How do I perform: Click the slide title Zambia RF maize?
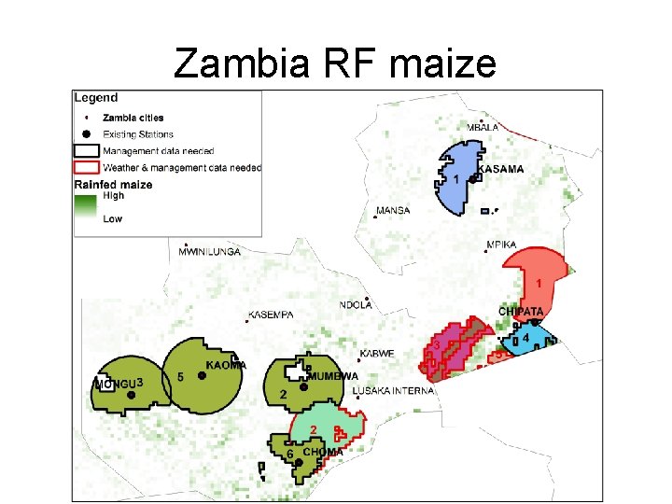(335, 63)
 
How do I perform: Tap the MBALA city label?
(484, 127)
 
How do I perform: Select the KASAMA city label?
(500, 169)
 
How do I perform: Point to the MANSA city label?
(393, 211)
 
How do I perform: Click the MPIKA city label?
(501, 245)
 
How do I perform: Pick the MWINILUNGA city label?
(210, 252)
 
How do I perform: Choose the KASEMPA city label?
(272, 315)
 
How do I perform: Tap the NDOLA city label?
(356, 304)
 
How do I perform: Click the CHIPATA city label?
(522, 312)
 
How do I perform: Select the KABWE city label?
(377, 354)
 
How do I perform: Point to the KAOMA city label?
(226, 365)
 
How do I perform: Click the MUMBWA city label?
(333, 376)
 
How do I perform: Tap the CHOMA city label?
(323, 452)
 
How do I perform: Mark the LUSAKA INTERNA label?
(393, 391)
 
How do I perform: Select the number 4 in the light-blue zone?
(526, 337)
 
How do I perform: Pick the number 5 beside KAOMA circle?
(180, 377)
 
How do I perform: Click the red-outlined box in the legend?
(87, 167)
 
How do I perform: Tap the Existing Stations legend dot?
(87, 134)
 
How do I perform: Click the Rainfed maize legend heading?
(113, 185)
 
